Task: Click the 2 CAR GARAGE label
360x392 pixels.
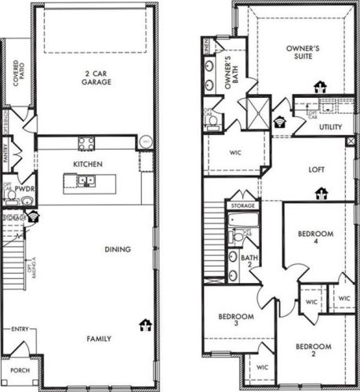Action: pos(96,78)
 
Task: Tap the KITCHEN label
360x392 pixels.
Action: pos(86,164)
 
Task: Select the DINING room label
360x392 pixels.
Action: pos(117,250)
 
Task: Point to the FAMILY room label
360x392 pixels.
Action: pos(99,339)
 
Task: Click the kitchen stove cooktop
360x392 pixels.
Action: pos(86,143)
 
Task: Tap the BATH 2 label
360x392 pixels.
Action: pos(249,261)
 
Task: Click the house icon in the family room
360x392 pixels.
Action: pos(144,323)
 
